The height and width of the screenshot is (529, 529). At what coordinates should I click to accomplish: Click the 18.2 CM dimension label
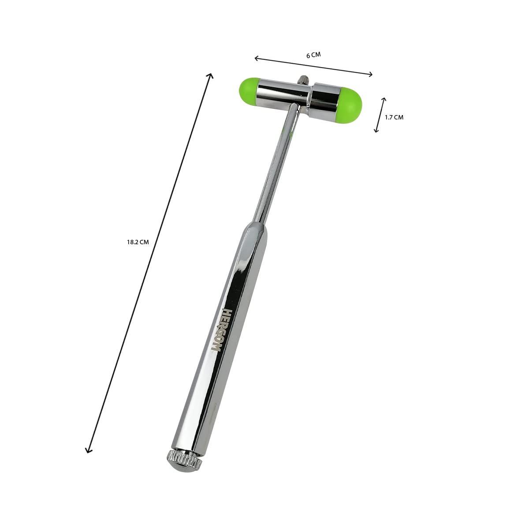click(138, 242)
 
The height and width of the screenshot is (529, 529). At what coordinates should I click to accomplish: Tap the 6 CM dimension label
click(313, 55)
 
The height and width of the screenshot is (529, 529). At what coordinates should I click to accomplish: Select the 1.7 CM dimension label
click(394, 118)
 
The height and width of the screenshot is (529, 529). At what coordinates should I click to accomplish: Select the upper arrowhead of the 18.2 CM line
click(210, 76)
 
